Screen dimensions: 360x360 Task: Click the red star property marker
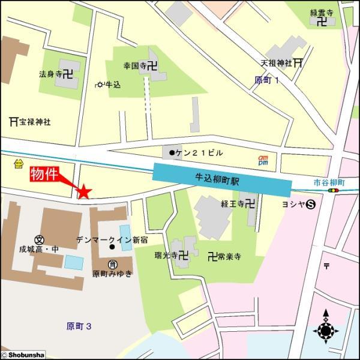[84, 191]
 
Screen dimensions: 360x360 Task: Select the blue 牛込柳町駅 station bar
[221, 179]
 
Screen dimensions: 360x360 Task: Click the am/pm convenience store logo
[263, 160]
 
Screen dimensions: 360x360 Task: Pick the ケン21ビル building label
[193, 153]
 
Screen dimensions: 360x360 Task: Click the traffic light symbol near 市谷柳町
[333, 191]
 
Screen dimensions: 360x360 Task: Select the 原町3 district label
[79, 326]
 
